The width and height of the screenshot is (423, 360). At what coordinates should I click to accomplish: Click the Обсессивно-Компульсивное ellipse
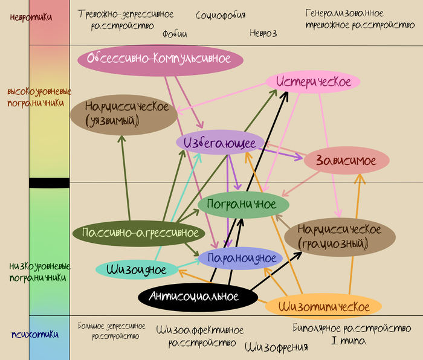point(160,59)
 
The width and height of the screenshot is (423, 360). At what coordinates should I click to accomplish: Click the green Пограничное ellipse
point(244,204)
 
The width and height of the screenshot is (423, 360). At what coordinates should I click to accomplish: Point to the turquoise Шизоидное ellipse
point(137,269)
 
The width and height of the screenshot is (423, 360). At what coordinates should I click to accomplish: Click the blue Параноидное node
point(241,259)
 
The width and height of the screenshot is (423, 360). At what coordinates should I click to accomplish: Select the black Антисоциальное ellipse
point(198,296)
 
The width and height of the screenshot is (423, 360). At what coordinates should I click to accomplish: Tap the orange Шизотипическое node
point(323,306)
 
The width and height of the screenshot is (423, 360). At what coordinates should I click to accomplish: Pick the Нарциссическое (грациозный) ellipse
point(340,237)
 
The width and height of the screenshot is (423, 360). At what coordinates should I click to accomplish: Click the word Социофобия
point(221,14)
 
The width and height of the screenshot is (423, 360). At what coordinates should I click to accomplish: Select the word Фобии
point(175,34)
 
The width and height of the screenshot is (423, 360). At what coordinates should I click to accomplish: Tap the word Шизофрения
point(277,347)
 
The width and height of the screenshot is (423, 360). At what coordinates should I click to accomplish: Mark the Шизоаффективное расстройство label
point(200,336)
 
